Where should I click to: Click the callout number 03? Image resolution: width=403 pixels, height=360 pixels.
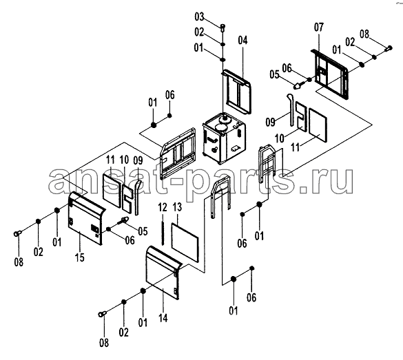199,17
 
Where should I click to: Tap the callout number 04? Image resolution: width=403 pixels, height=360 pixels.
242,41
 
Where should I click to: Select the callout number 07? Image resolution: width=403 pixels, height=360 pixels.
319,27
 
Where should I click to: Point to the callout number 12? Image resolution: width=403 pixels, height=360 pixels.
163,207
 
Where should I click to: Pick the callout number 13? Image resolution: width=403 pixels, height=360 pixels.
177,207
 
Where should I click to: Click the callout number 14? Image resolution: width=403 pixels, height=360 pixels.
163,318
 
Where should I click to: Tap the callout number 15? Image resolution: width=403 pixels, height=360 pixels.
80,257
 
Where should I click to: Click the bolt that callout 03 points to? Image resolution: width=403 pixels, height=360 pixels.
223,28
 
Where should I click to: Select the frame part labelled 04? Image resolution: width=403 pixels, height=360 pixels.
237,91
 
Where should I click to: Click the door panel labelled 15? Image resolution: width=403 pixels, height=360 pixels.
85,218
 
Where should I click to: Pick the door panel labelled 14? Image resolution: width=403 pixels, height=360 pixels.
163,273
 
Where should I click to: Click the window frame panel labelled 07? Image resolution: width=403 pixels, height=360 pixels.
331,74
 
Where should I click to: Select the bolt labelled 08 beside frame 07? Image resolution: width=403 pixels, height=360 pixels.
389,48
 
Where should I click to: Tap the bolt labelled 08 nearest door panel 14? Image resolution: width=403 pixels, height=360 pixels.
102,313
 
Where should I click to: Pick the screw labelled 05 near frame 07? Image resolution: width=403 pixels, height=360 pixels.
299,85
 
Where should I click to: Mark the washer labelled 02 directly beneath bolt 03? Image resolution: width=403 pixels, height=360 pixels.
223,44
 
